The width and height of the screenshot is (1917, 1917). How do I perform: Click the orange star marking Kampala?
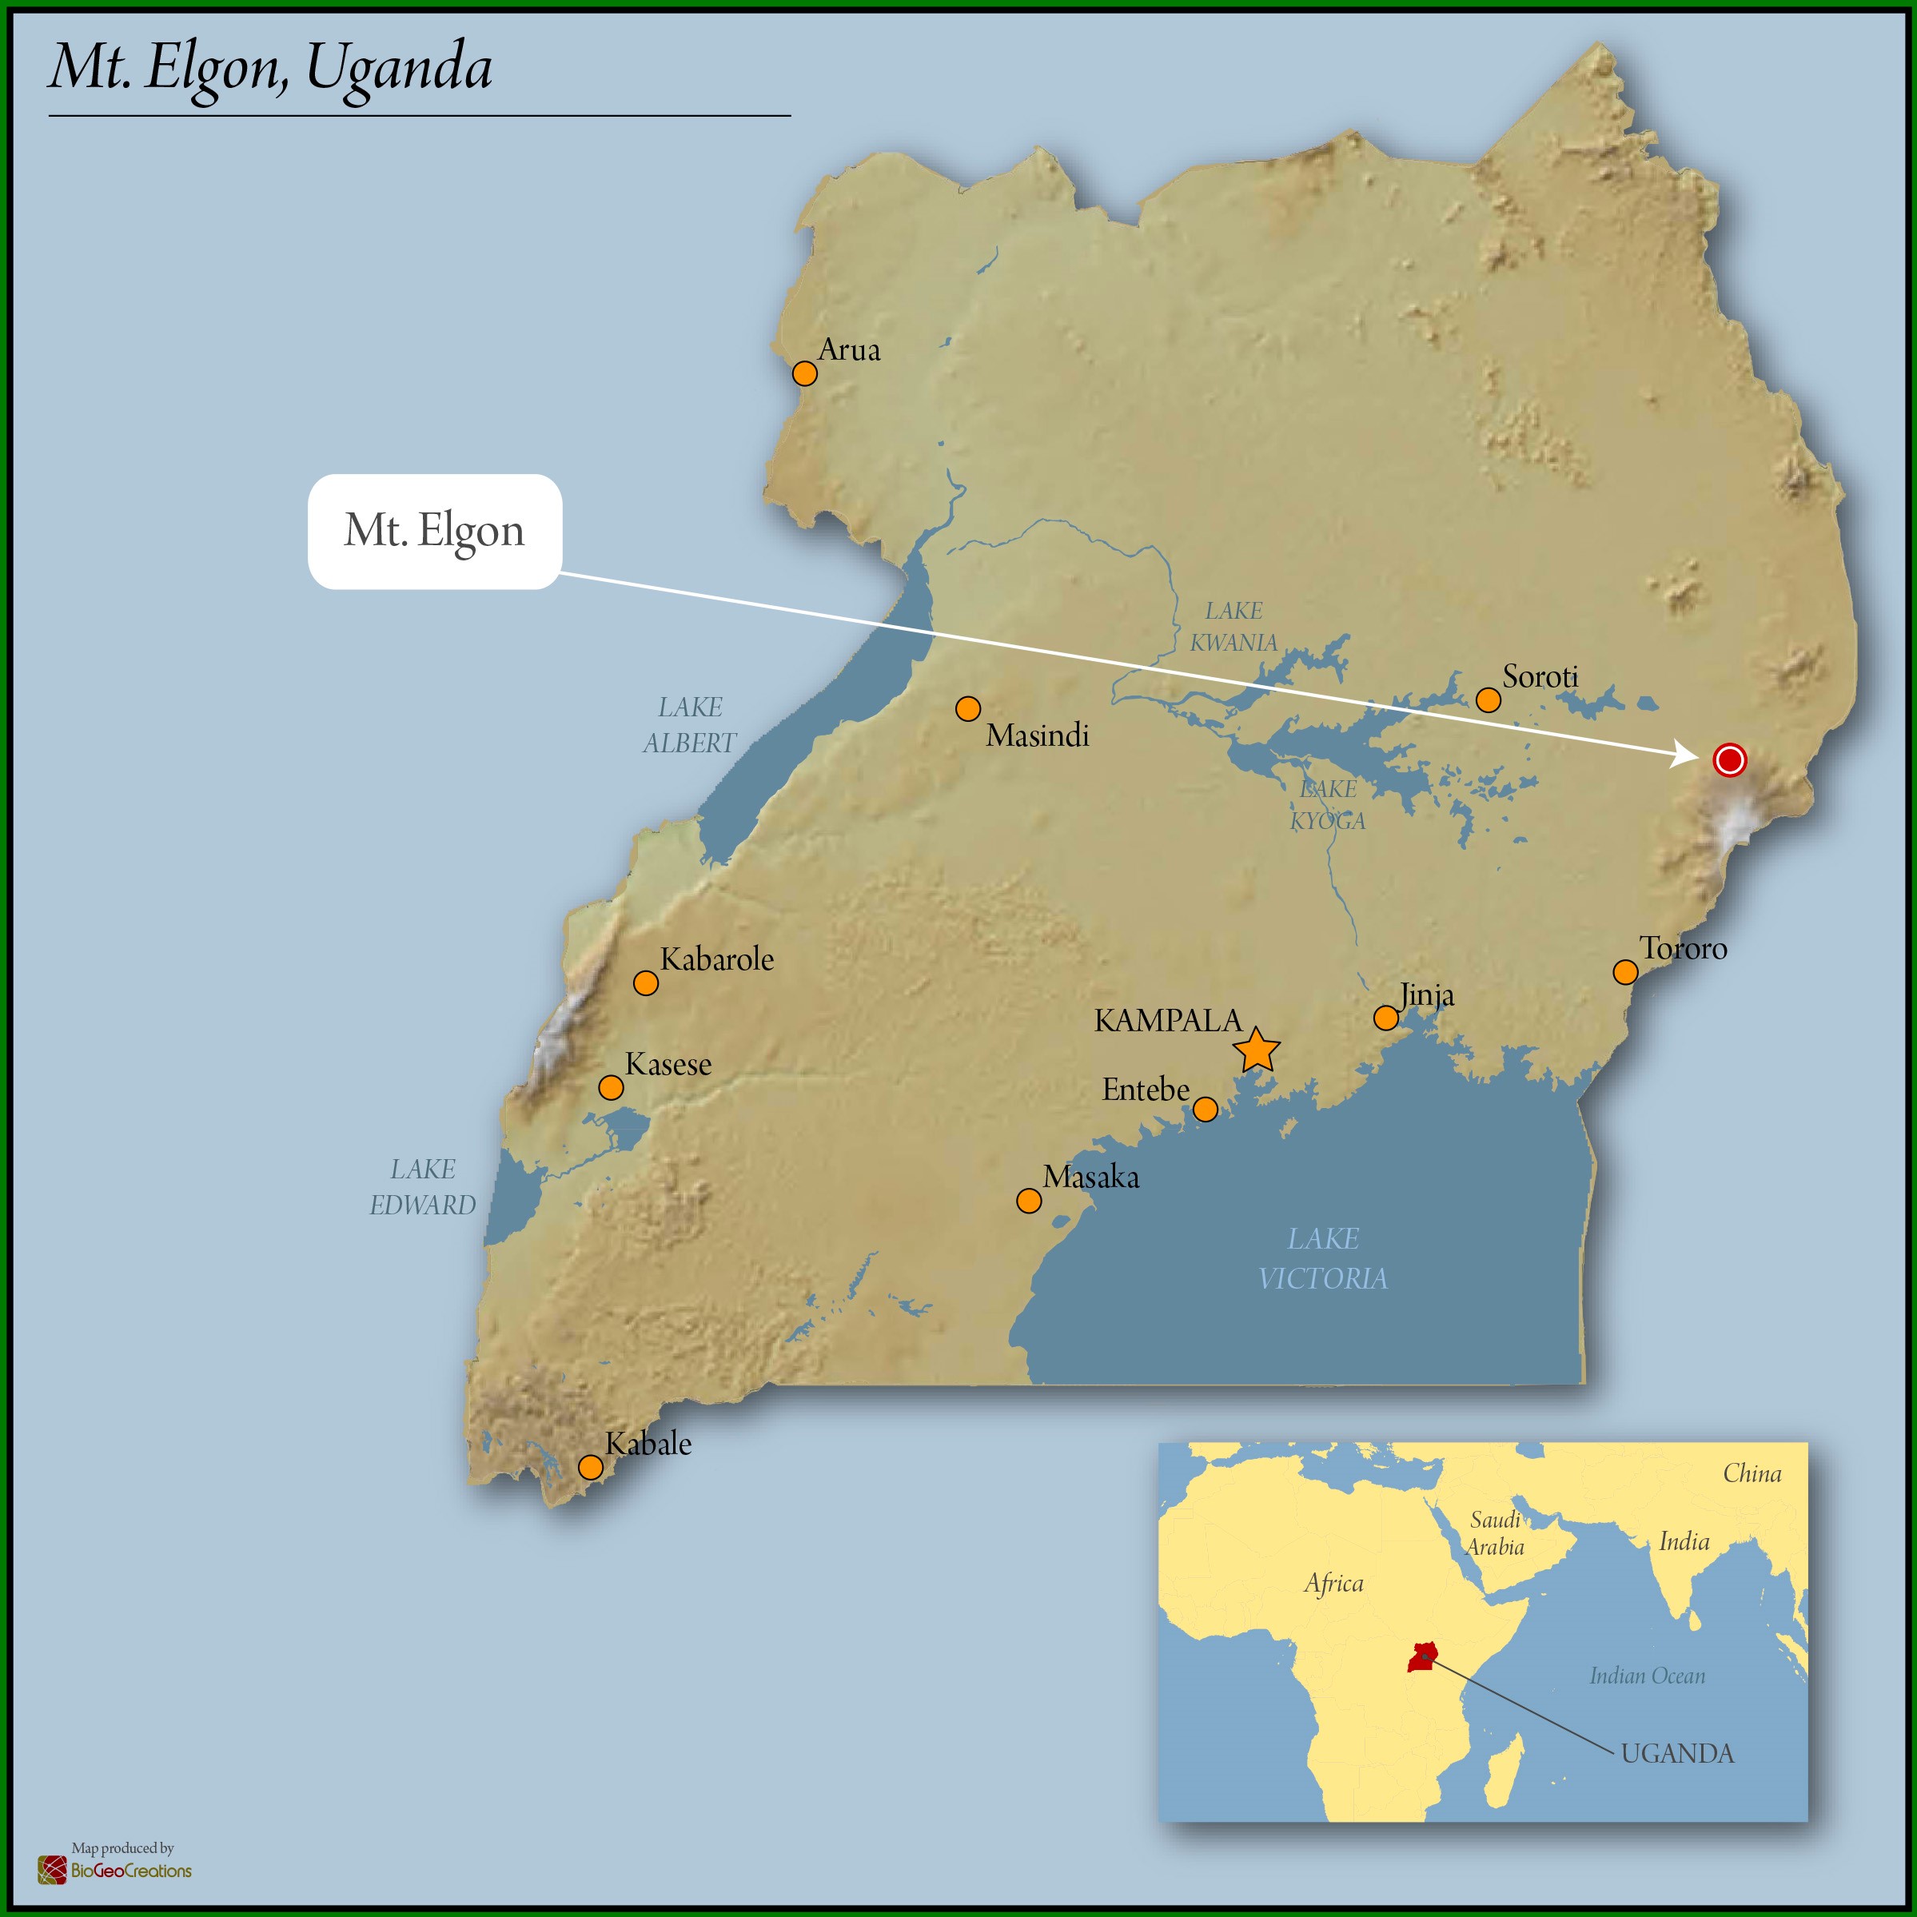(1256, 1050)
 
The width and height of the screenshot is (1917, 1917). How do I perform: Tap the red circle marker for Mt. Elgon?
(1729, 760)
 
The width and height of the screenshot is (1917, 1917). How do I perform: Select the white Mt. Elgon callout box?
(435, 531)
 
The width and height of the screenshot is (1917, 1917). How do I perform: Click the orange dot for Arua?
(805, 373)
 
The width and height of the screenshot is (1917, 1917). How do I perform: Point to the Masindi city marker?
(967, 708)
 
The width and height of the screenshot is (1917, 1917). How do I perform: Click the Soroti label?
(1540, 676)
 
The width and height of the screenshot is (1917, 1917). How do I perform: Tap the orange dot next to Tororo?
(1625, 971)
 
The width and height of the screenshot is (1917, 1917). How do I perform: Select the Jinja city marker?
(1386, 1018)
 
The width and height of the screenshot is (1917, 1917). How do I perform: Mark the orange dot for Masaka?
(1029, 1202)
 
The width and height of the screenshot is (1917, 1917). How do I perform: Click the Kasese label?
(668, 1065)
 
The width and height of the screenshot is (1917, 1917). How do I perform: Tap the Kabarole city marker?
(646, 983)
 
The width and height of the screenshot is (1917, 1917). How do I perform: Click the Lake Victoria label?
(1323, 1258)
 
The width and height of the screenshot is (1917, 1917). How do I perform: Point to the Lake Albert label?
(690, 725)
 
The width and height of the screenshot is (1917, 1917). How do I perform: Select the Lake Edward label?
(423, 1186)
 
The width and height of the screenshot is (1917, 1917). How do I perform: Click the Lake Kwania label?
(1233, 627)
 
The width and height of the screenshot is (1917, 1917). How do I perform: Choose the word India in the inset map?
(1684, 1541)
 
